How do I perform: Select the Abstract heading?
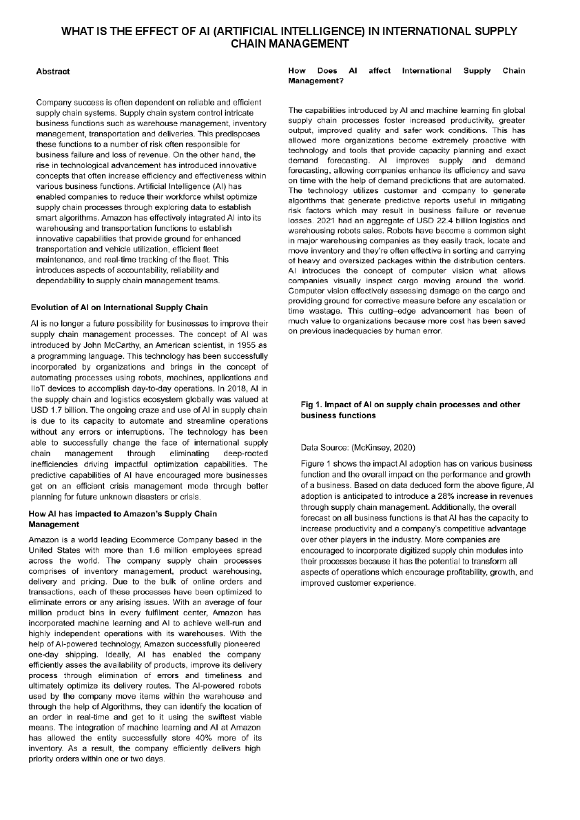click(52, 71)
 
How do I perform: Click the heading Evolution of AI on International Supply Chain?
click(119, 307)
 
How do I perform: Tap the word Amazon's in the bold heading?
click(125, 513)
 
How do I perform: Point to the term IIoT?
click(39, 389)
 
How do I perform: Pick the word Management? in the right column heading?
click(316, 81)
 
